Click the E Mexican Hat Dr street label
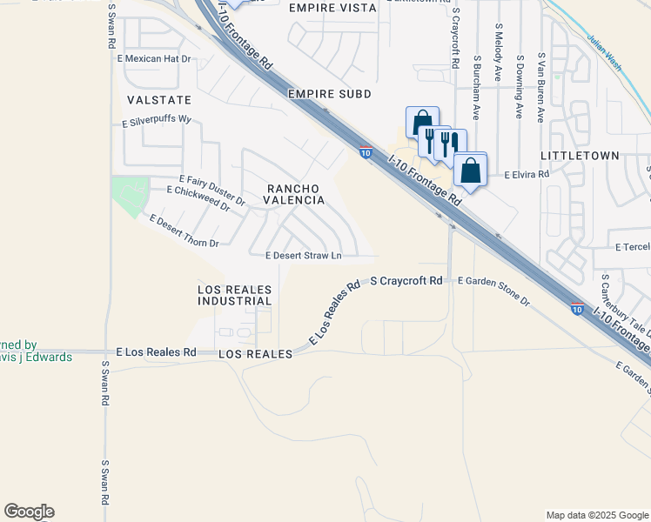(x=153, y=58)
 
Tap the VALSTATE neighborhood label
(x=158, y=100)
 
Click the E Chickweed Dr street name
(x=198, y=197)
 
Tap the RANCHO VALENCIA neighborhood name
(x=295, y=194)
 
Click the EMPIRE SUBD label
(x=330, y=93)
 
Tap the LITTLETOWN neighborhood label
(x=580, y=155)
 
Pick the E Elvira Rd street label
(x=527, y=174)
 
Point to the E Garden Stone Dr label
(x=493, y=291)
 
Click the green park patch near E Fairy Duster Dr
(x=130, y=195)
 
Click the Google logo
(x=29, y=512)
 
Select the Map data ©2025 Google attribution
(x=596, y=515)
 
